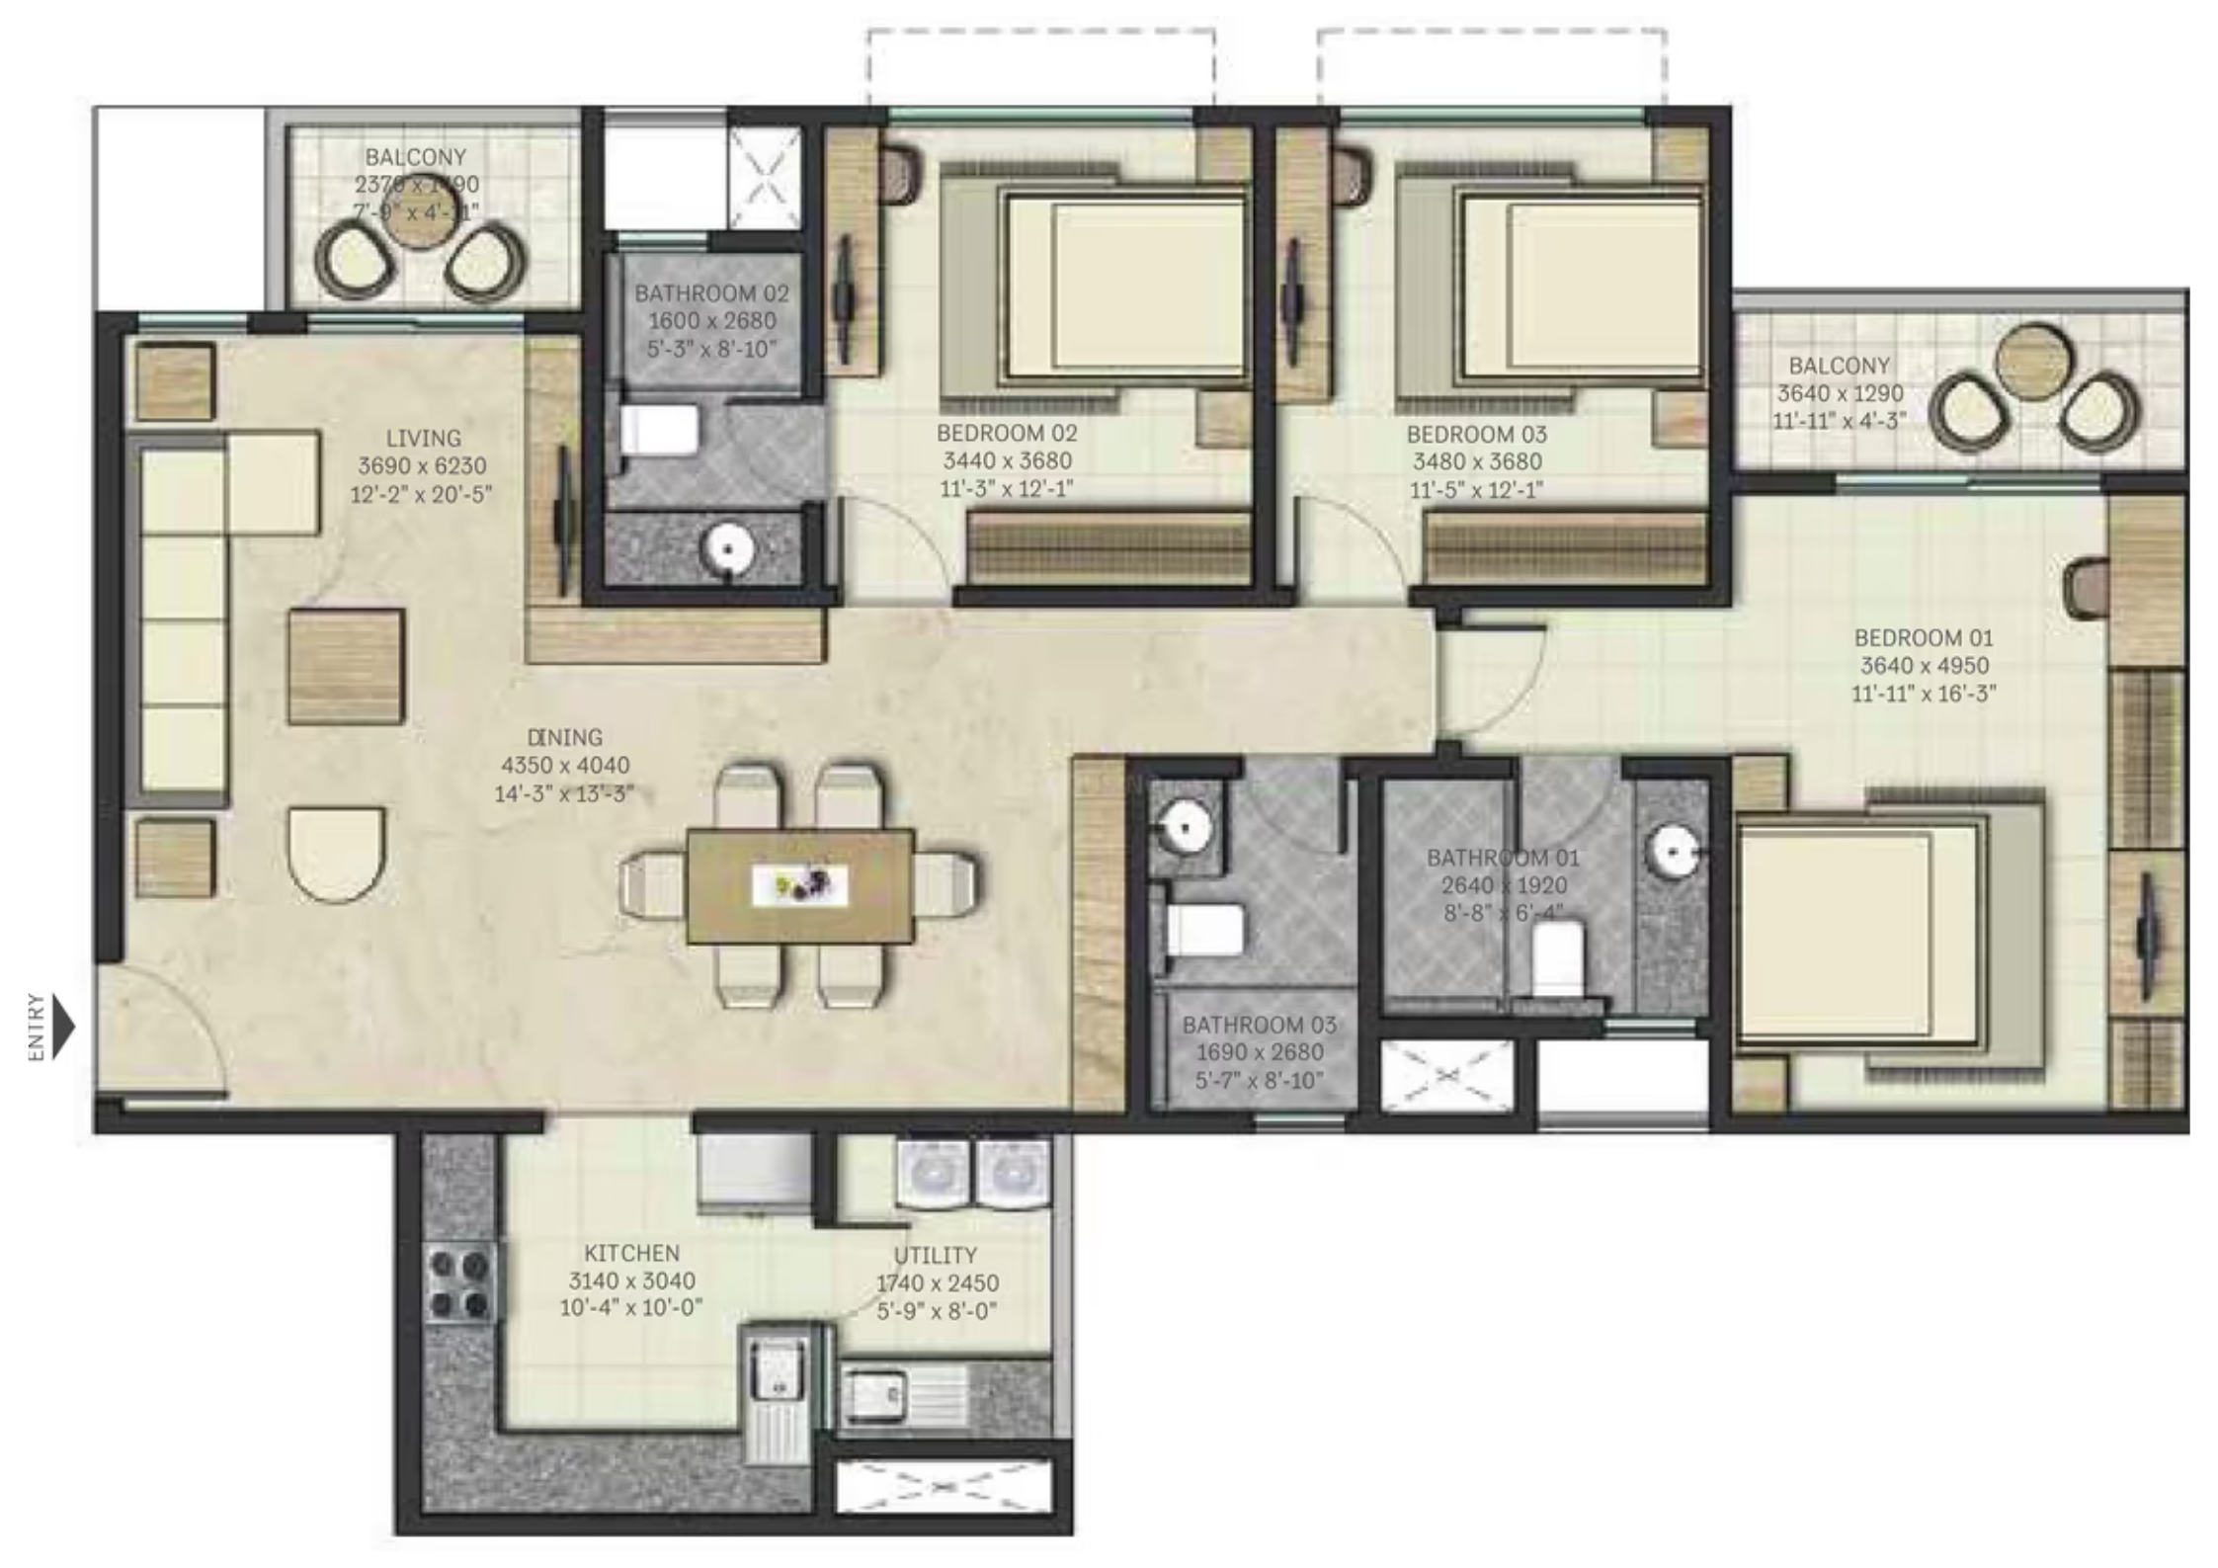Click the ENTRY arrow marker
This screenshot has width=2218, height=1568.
[63, 1028]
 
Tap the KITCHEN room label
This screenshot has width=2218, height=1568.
[631, 1253]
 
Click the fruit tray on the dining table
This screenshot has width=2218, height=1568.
[799, 885]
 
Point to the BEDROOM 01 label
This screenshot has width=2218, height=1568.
[1923, 638]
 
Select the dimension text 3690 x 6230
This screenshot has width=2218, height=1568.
[423, 466]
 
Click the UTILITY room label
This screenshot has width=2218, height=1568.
[935, 1256]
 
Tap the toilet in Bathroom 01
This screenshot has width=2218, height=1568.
[1558, 955]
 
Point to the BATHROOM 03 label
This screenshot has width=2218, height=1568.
[1259, 1026]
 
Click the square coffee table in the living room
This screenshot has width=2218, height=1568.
[346, 666]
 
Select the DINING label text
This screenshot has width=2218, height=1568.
[564, 737]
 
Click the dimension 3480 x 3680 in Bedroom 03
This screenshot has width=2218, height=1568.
[1477, 461]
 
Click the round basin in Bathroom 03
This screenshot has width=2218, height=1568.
[1184, 823]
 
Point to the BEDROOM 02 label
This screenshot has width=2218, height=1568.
[1007, 433]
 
